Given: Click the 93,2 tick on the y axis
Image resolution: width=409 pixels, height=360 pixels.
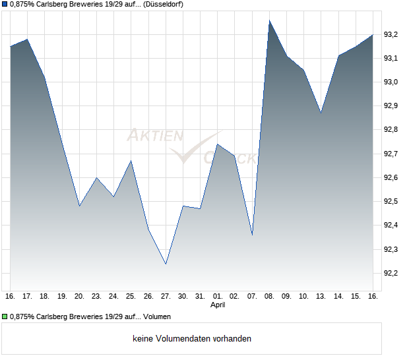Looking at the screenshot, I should tap(391, 34).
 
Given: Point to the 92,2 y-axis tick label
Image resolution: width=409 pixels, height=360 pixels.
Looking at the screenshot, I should tap(391, 273).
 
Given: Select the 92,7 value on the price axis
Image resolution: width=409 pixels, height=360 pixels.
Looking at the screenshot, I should tap(391, 154).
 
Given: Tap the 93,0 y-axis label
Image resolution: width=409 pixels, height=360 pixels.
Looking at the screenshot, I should tap(391, 82).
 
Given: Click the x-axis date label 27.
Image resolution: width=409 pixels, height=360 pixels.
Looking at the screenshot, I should tap(166, 297).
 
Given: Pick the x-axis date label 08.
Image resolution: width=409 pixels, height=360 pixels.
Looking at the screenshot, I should tap(269, 297).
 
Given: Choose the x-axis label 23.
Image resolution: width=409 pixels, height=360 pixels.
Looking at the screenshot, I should tap(96, 297).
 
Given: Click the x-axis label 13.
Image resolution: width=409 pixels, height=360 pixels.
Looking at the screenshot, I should tap(321, 297).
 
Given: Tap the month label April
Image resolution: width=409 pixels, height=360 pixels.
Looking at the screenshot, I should tap(218, 305).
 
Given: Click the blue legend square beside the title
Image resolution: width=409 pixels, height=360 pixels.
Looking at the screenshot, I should tap(5, 4).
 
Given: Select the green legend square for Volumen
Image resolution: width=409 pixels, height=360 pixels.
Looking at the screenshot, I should tap(5, 318).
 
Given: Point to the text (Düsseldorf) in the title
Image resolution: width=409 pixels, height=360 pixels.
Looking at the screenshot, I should tap(160, 4).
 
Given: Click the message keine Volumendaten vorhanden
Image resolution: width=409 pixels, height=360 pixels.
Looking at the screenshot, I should tap(192, 338).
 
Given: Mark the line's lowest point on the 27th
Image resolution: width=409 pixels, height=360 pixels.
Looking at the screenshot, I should tap(166, 264).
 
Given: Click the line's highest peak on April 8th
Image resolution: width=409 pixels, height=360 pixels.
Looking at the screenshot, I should tap(269, 20).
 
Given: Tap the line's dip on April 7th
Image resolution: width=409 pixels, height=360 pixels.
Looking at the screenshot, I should tap(252, 235).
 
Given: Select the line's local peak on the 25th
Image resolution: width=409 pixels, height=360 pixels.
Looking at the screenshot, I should tap(131, 161).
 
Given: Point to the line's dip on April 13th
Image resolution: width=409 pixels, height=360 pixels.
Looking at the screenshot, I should tap(321, 113).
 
